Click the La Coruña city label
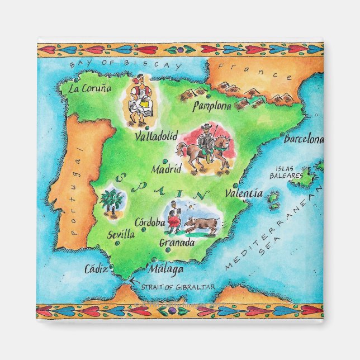[89, 88]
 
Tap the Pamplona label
[212, 106]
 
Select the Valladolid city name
[156, 136]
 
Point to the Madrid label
[167, 169]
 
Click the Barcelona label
[304, 139]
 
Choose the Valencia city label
[243, 193]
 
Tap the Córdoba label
[149, 222]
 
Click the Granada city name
[177, 243]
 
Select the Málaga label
[166, 269]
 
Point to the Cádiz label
[96, 269]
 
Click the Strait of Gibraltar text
[178, 287]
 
